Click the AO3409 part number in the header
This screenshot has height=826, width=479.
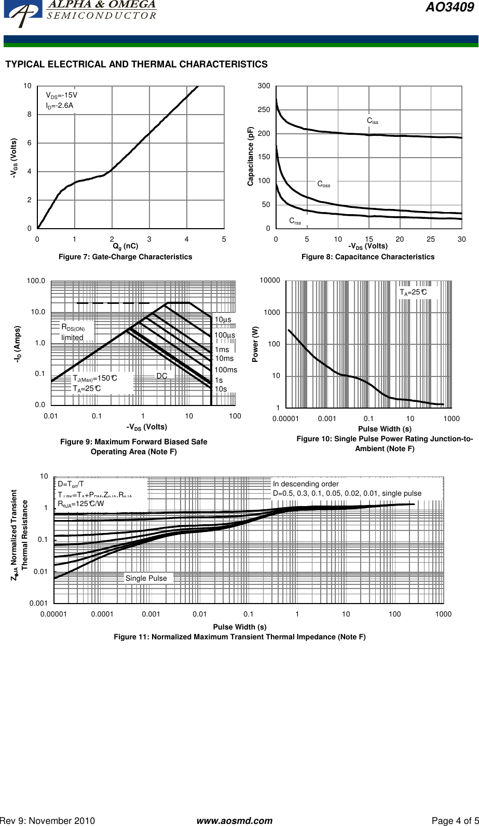pos(449,8)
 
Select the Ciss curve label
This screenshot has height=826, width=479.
pos(373,121)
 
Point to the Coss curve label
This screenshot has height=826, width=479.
pos(324,184)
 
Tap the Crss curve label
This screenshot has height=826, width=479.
pos(295,221)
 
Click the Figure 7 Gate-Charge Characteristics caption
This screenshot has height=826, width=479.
pos(125,257)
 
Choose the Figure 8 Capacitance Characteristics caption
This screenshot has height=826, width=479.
pos(368,257)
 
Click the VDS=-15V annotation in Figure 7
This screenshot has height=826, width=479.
pos(61,95)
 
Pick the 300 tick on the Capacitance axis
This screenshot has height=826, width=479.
pos(264,86)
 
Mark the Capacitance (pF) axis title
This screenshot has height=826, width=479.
pos(250,157)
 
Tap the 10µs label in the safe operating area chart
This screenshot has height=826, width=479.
pos(223,320)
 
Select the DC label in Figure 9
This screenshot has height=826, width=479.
pos(162,375)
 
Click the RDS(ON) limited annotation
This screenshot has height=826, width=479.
pos(73,332)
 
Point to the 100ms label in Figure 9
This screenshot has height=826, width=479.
pos(226,370)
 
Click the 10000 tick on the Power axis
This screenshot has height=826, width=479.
pos(270,281)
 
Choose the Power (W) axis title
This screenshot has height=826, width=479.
pos(255,344)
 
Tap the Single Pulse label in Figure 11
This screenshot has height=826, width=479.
pos(146,578)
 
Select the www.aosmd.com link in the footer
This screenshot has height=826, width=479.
pos(235,821)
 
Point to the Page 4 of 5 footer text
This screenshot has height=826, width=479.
pos(455,821)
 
